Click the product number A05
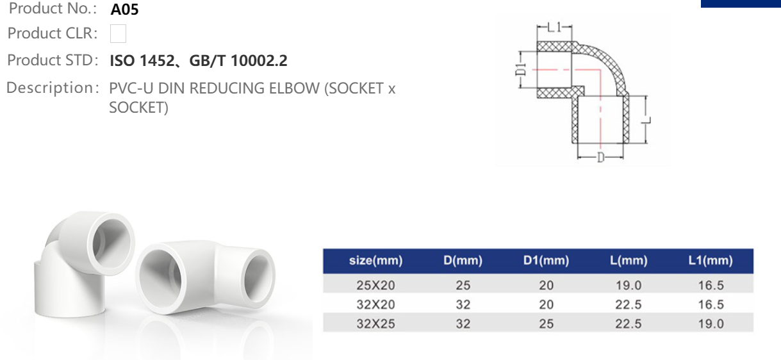[124, 9]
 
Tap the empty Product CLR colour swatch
[118, 33]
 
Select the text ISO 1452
[142, 61]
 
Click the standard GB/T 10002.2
[238, 61]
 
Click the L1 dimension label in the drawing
[554, 27]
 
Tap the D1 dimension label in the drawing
[520, 69]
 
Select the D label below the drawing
[600, 158]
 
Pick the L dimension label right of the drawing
[646, 120]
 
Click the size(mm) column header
[376, 260]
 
